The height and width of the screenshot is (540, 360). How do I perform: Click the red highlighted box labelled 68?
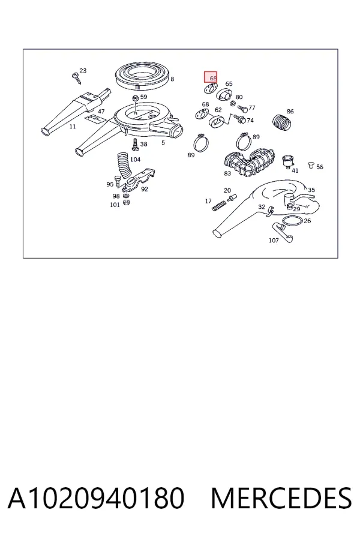click(210, 77)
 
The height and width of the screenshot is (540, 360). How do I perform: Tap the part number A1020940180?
click(96, 498)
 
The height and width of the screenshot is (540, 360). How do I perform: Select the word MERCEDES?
click(281, 498)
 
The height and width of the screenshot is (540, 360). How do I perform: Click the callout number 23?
click(83, 71)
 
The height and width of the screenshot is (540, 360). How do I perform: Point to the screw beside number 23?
click(76, 78)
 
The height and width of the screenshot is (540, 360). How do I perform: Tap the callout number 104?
click(135, 160)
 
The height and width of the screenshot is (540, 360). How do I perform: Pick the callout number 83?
click(227, 173)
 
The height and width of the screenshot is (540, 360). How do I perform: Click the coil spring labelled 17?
click(218, 206)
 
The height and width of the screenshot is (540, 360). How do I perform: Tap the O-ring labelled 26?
click(292, 221)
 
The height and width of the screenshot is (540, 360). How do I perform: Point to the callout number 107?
click(274, 240)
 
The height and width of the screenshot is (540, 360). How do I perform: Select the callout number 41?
click(295, 170)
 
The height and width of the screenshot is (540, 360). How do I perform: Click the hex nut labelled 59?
click(136, 98)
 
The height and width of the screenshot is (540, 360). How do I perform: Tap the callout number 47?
click(101, 111)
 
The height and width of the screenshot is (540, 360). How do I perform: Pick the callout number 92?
click(145, 189)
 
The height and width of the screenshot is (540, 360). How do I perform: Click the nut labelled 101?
click(126, 202)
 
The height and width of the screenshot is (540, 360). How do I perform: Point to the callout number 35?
click(311, 190)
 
